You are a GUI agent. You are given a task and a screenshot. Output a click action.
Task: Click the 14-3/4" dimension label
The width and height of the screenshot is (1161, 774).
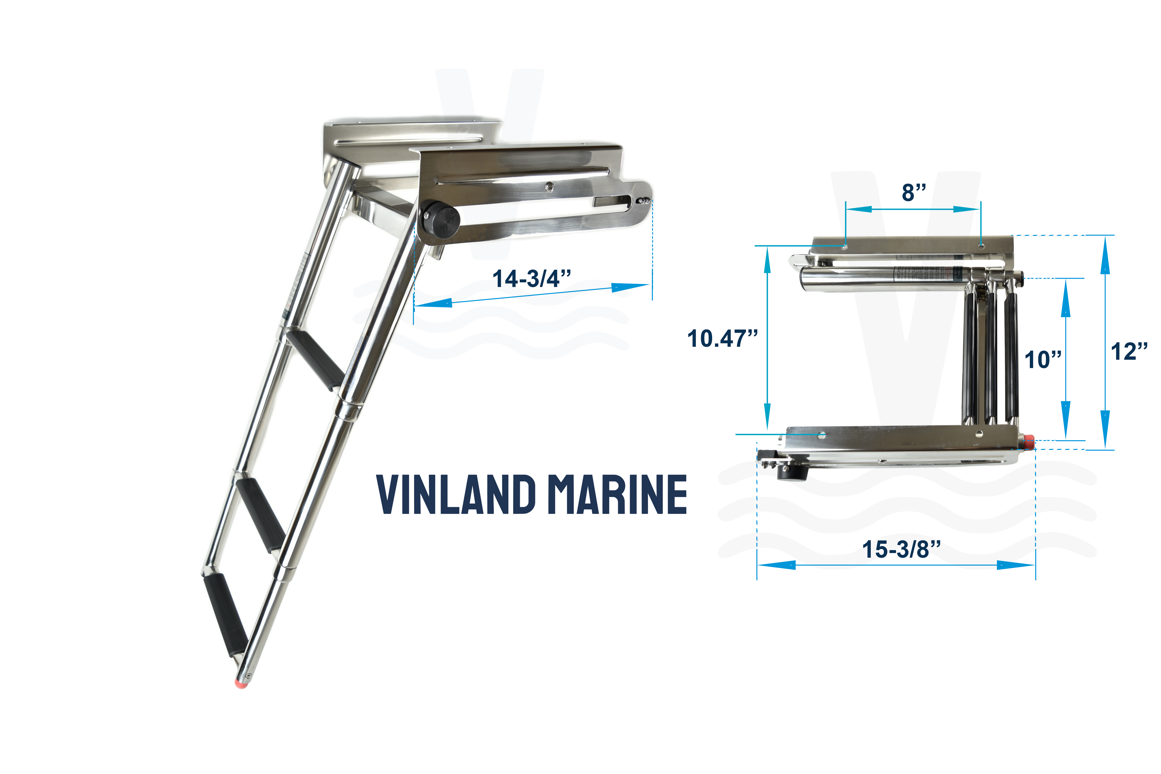pos(532,279)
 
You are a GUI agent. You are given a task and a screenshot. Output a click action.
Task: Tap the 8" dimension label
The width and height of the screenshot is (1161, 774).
pos(914,192)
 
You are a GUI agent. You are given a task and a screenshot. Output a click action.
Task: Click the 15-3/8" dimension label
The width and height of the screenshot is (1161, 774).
pos(901,549)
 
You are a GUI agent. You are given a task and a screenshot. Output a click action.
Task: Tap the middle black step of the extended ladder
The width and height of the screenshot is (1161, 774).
pos(260,514)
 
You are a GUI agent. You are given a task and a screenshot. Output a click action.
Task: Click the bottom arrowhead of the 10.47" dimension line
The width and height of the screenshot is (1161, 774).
pos(767,417)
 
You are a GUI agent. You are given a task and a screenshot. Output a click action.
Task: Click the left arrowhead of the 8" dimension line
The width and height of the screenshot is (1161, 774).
pos(859,209)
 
